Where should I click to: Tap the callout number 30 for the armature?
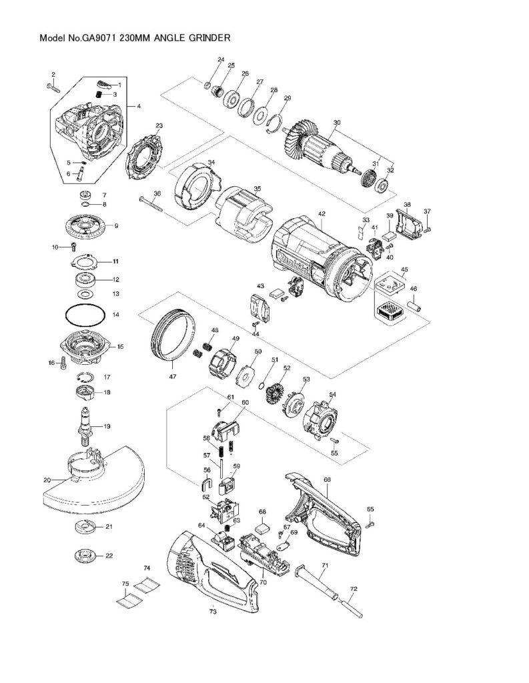336,123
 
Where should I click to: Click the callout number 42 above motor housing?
322,214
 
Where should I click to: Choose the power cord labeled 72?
349,604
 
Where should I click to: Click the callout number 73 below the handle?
212,610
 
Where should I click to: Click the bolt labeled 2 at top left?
54,85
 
